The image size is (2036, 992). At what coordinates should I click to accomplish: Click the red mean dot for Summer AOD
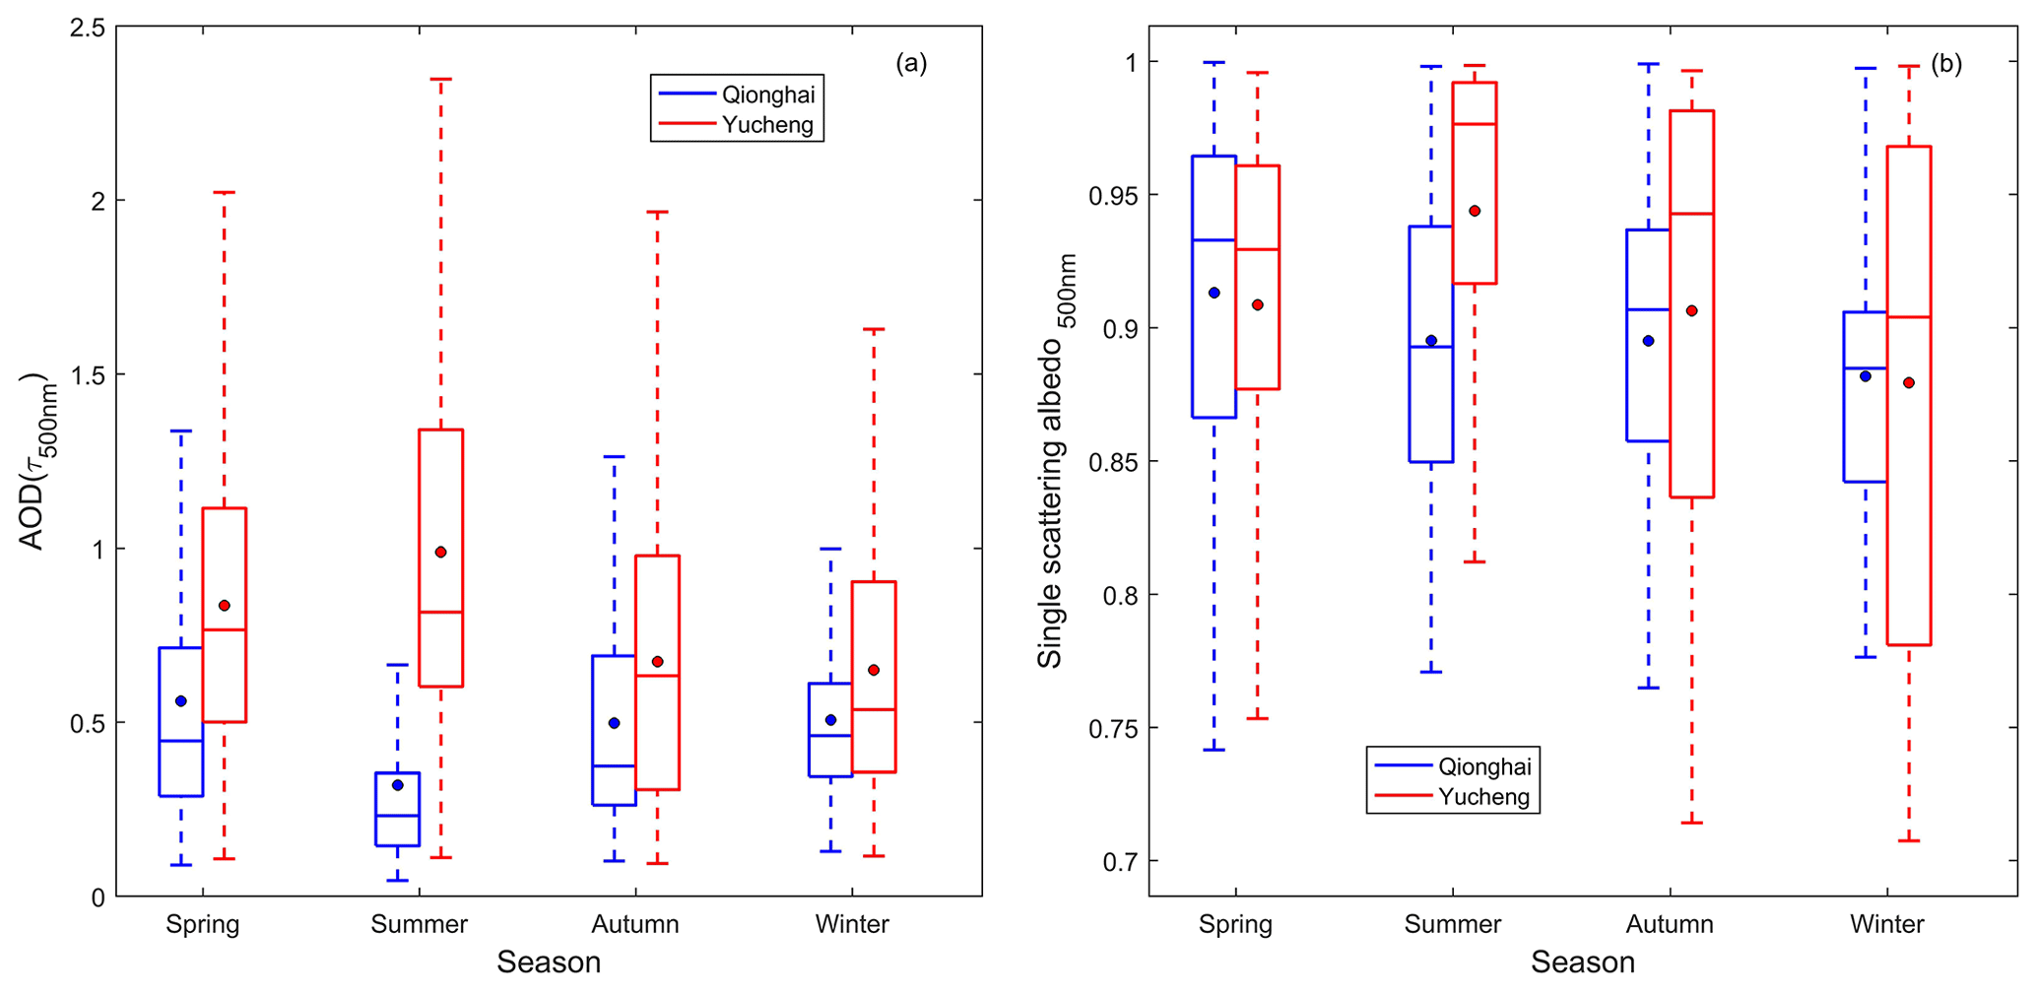pyautogui.click(x=440, y=552)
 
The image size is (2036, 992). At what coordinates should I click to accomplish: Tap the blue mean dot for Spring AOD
pyautogui.click(x=180, y=700)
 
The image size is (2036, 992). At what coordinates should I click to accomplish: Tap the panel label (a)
pyautogui.click(x=910, y=64)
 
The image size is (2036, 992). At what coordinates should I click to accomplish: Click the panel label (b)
pyautogui.click(x=1945, y=64)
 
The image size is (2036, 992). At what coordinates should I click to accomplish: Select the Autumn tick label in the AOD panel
pyautogui.click(x=635, y=924)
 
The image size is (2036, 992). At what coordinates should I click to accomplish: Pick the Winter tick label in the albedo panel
pyautogui.click(x=1886, y=924)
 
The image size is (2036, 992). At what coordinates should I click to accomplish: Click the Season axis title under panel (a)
pyautogui.click(x=549, y=961)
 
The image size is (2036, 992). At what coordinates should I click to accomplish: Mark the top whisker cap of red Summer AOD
pyautogui.click(x=440, y=79)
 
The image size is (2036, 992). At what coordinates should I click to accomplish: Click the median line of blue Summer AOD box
pyautogui.click(x=397, y=815)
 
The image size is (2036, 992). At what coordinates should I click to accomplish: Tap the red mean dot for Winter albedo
pyautogui.click(x=1908, y=382)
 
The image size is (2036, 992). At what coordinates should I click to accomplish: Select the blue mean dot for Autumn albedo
pyautogui.click(x=1648, y=341)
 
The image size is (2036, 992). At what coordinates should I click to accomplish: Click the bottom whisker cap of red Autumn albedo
pyautogui.click(x=1691, y=823)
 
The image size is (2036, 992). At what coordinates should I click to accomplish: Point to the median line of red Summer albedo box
pyautogui.click(x=1475, y=124)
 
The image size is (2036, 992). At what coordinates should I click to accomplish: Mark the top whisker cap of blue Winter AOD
pyautogui.click(x=830, y=548)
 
